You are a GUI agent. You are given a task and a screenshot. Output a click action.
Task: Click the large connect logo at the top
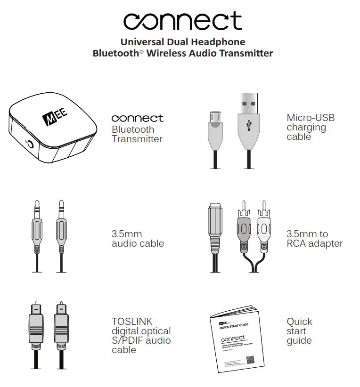click(182, 21)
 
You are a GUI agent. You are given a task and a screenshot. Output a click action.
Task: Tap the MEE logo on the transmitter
click(56, 117)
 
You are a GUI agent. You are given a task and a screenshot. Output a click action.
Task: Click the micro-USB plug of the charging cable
click(215, 127)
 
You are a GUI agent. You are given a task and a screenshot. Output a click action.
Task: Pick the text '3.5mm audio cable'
click(138, 239)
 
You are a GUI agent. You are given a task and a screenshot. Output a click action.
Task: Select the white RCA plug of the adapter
click(264, 228)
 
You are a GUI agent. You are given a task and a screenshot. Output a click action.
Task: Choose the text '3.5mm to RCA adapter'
click(314, 239)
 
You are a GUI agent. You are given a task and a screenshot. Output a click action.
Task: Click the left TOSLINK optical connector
click(36, 330)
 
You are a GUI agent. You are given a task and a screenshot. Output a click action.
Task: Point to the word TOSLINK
click(132, 322)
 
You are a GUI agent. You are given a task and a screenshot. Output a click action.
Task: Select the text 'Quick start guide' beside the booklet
click(299, 331)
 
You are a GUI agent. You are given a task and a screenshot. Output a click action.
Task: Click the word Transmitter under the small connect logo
click(137, 139)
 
